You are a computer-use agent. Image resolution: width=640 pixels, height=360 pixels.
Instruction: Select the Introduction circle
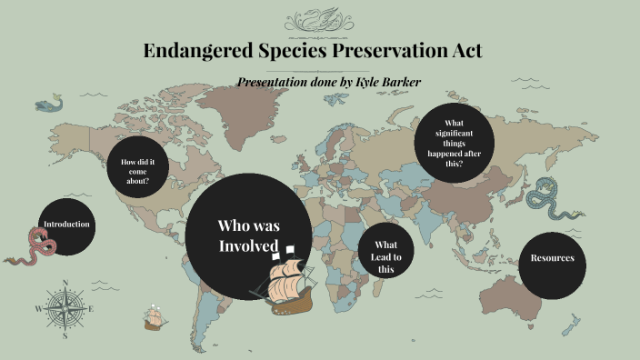[x=66, y=225]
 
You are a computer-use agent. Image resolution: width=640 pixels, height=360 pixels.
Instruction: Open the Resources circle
[x=552, y=258]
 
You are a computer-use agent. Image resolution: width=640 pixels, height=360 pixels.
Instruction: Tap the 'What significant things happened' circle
[x=455, y=144]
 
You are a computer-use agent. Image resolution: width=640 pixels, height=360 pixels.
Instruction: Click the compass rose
[x=65, y=310]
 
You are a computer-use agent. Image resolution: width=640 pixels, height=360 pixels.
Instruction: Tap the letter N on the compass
[x=65, y=283]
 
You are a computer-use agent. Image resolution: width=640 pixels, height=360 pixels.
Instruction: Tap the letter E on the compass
[x=92, y=310]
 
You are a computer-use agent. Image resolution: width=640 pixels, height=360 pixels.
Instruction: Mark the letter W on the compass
[x=38, y=310]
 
